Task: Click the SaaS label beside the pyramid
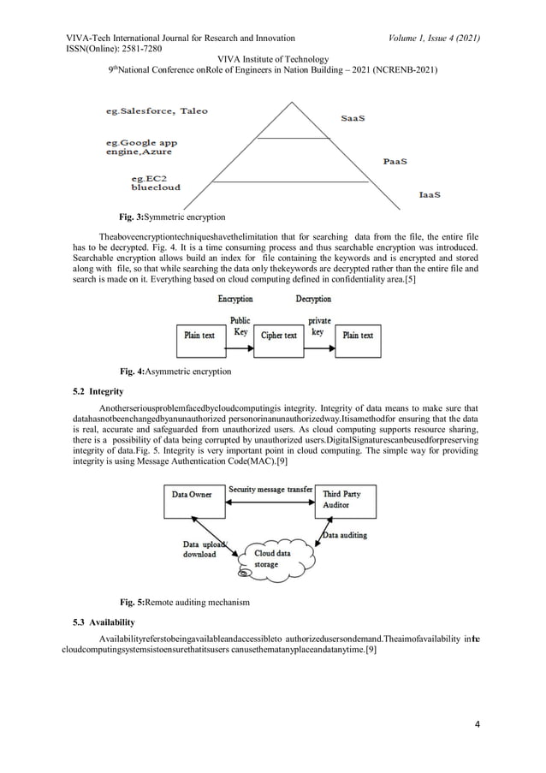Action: [x=353, y=119]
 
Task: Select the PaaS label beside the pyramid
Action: [x=395, y=160]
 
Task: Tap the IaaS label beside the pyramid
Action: [x=430, y=195]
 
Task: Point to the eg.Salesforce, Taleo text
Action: [x=156, y=111]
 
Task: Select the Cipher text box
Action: [x=279, y=336]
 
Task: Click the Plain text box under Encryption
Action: [x=199, y=336]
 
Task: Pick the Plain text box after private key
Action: [x=358, y=336]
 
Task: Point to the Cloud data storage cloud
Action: [x=277, y=558]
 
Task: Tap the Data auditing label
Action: [x=346, y=536]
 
